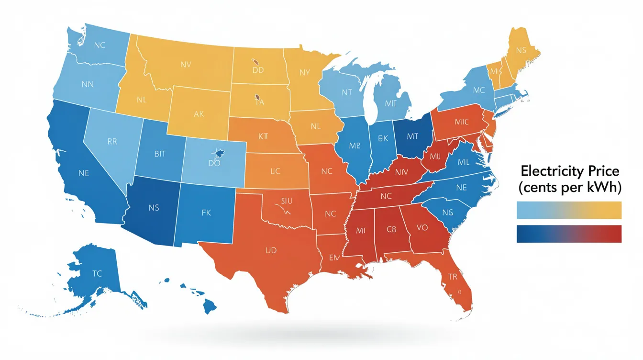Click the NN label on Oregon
(x=88, y=84)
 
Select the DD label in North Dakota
(x=258, y=70)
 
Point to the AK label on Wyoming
(x=199, y=114)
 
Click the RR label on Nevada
(x=111, y=141)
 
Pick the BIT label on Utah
(x=160, y=154)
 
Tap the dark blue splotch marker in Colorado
(x=219, y=153)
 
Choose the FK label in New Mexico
(x=206, y=212)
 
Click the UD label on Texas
(x=271, y=250)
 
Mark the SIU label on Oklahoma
(x=286, y=201)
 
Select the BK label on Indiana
(x=383, y=139)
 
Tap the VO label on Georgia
(x=422, y=228)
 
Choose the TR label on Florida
(x=453, y=276)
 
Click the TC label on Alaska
(x=97, y=274)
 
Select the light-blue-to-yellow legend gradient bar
(x=569, y=210)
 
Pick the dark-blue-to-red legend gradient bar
(x=569, y=234)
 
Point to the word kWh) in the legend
(x=606, y=188)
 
